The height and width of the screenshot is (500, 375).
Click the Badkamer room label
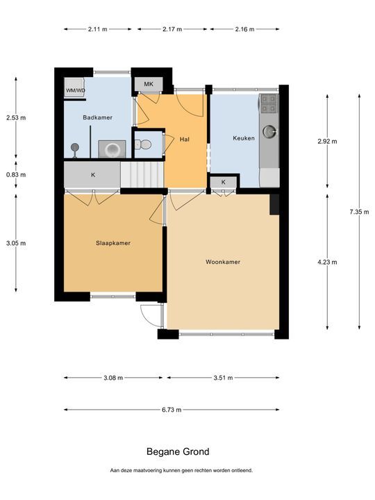(x=98, y=117)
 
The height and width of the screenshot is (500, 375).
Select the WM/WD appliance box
(x=75, y=87)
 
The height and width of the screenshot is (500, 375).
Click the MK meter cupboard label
(x=149, y=84)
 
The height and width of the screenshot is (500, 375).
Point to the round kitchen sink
(x=269, y=131)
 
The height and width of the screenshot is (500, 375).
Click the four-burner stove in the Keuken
(x=269, y=103)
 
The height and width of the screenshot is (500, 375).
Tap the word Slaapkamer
(x=113, y=243)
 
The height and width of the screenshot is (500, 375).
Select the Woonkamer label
(x=223, y=262)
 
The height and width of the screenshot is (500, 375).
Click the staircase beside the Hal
(x=142, y=175)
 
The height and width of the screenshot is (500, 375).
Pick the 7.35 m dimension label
(x=359, y=211)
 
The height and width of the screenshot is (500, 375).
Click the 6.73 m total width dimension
(x=172, y=410)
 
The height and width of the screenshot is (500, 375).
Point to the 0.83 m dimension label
(x=16, y=175)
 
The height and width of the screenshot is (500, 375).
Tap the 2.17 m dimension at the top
(x=172, y=29)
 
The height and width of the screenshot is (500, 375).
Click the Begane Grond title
(x=178, y=451)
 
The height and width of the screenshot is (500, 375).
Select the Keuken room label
(x=244, y=138)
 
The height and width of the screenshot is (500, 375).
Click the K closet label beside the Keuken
(x=223, y=182)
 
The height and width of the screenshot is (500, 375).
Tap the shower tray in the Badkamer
(x=112, y=149)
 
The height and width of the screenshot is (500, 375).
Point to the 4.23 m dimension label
(x=327, y=262)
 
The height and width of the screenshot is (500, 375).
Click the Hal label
(x=184, y=140)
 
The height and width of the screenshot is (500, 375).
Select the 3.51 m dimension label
(x=223, y=378)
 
